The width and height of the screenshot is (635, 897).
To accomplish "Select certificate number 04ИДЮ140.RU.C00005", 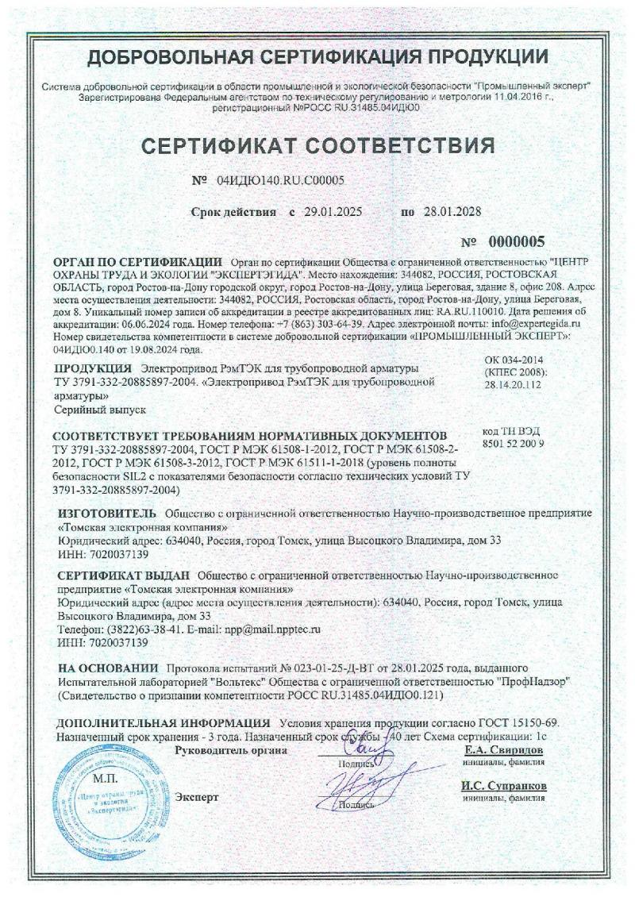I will tap(280, 180).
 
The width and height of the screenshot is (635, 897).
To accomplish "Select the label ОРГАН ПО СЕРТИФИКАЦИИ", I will tap(137, 261).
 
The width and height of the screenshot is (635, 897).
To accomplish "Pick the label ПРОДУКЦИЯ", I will tap(92, 368).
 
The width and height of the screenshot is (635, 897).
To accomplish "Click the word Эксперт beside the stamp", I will tap(196, 795).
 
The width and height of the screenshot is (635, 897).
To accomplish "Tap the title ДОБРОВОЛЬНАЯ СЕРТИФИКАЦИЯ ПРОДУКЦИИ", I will tap(317, 56).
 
